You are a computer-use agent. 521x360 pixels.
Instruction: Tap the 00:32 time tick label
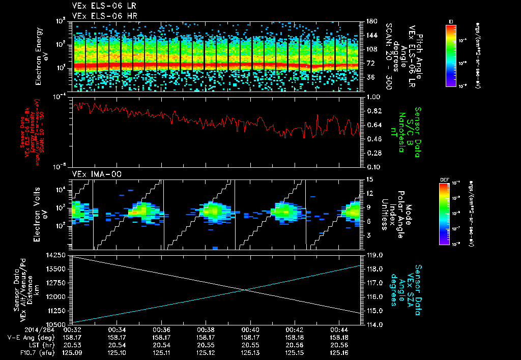[73, 329]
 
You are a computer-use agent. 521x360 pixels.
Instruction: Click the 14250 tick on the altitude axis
[57, 255]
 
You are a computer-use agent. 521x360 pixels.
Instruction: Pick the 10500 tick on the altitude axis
[57, 324]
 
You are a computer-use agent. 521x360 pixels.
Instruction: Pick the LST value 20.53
[73, 344]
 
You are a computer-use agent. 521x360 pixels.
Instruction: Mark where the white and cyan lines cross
[245, 290]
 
